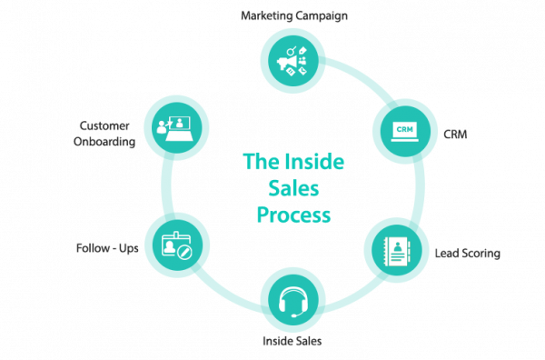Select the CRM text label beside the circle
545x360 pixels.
click(x=455, y=134)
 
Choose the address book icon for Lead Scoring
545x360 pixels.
click(x=396, y=246)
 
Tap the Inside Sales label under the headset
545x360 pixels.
click(x=292, y=342)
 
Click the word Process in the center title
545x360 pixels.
click(x=293, y=216)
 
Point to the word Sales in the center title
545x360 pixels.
click(x=293, y=189)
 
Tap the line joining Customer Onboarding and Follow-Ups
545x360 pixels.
click(x=165, y=186)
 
